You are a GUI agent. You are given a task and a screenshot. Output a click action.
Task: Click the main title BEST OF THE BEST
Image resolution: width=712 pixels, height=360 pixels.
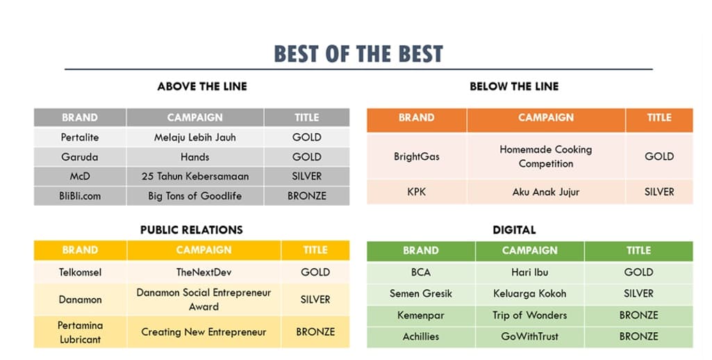358,54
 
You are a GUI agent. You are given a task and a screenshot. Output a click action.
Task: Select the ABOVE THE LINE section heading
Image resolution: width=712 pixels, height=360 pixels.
202,86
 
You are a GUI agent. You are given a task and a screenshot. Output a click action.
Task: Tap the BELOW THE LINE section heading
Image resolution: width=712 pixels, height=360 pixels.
514,86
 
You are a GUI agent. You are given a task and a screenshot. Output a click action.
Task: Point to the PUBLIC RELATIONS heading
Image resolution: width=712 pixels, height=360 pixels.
192,230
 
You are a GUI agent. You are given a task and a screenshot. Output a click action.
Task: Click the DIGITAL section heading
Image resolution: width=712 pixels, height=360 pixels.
514,230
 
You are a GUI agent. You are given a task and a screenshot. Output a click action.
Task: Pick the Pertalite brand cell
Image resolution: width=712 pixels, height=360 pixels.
80,138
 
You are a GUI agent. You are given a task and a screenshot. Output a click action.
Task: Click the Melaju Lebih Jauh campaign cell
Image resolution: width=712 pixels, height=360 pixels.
194,138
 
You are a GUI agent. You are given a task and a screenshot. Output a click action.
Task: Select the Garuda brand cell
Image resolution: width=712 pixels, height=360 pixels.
80,157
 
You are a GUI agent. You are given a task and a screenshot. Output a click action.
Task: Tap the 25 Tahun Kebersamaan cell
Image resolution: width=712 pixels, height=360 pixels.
194,177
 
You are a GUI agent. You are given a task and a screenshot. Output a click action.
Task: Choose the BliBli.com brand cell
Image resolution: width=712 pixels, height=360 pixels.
80,196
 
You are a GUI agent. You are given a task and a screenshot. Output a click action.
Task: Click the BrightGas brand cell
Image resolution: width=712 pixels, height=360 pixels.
416,156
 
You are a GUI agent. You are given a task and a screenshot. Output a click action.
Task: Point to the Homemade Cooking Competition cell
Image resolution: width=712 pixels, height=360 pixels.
546,156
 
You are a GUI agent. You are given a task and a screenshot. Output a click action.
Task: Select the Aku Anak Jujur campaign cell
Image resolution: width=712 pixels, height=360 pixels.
546,192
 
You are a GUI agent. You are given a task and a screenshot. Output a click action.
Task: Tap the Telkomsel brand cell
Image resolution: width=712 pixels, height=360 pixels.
80,272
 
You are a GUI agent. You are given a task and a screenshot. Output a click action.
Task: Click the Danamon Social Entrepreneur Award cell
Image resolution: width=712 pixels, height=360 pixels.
204,300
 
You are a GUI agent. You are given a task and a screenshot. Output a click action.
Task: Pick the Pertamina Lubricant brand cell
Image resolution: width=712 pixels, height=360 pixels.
80,332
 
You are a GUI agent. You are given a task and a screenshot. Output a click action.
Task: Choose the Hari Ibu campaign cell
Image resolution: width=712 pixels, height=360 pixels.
529,272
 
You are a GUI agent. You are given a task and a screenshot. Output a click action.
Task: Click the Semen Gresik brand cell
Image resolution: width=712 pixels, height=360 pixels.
420,294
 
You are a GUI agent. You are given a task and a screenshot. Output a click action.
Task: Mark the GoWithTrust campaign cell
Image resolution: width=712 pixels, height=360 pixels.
529,337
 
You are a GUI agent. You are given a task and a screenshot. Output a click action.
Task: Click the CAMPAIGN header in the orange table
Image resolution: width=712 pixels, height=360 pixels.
546,117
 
